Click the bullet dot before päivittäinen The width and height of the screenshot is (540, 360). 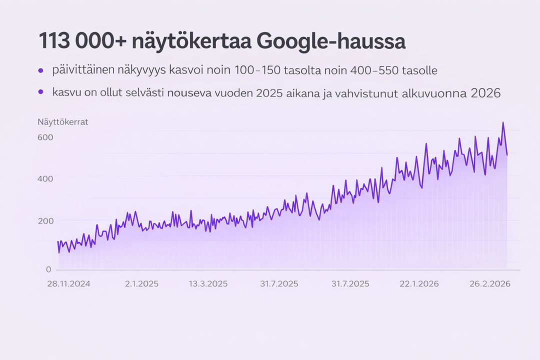point(41,71)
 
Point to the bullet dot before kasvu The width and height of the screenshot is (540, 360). point(41,92)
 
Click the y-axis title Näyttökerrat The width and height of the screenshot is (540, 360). point(62,121)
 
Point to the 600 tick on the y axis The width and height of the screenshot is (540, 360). point(45,137)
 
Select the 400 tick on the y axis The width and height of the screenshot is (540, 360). point(45,179)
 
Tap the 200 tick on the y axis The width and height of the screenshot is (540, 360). point(45,221)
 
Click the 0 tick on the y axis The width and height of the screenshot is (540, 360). point(48,269)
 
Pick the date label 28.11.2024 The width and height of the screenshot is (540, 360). point(68,284)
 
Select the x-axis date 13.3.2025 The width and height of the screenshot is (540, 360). point(208,284)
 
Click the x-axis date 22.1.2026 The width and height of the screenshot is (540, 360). point(419,284)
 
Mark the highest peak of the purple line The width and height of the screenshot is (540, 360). point(502,122)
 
